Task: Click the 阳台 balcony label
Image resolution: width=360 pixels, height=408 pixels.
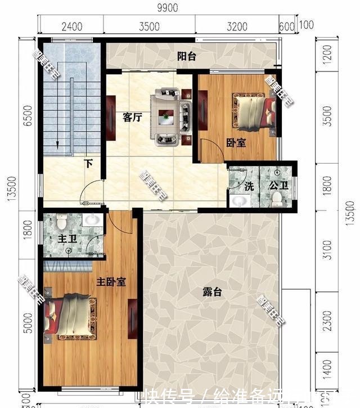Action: point(186,56)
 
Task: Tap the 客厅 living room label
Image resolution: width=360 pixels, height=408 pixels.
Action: point(131,118)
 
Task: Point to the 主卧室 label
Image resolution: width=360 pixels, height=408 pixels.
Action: point(110,281)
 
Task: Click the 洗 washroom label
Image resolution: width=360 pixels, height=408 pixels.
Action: point(249,186)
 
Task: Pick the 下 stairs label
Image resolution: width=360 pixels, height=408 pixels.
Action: point(88,164)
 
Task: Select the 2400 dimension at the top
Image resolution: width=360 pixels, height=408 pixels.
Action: point(72,26)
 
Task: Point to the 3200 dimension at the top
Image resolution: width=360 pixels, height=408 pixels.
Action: point(237,26)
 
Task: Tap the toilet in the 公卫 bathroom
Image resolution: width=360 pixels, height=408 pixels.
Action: point(277,198)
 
